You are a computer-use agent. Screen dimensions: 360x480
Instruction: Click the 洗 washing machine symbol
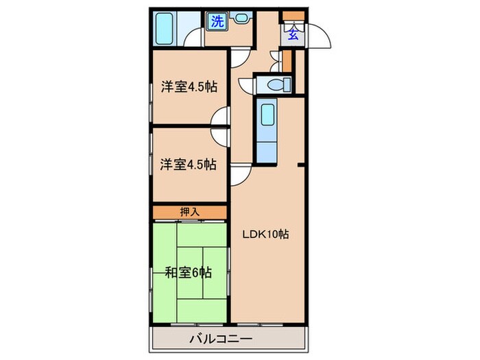point(217,21)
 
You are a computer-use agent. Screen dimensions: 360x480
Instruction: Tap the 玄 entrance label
point(292,32)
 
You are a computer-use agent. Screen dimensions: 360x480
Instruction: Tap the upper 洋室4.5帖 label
point(189,87)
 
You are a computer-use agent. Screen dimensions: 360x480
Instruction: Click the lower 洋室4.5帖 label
point(189,164)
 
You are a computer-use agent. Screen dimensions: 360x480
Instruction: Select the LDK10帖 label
point(266,234)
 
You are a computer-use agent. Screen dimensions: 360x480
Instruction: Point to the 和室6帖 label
point(189,272)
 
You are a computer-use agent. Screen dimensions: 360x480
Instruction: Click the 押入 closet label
point(189,212)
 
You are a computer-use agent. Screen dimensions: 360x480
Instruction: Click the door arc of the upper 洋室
point(221,118)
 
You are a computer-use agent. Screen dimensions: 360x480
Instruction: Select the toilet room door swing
point(246,84)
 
